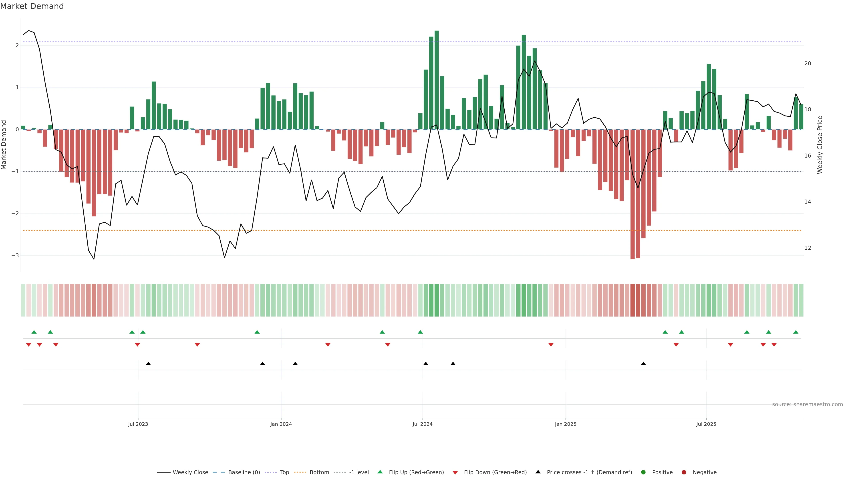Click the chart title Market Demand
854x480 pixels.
click(32, 6)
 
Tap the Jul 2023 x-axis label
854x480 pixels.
click(138, 424)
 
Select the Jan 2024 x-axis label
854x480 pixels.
click(281, 424)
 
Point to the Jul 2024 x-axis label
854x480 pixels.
click(422, 424)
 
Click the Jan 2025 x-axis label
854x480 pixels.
click(565, 424)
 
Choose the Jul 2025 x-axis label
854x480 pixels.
click(706, 424)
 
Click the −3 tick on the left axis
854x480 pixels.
click(15, 255)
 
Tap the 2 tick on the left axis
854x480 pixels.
click(17, 45)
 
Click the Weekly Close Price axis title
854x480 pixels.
click(820, 145)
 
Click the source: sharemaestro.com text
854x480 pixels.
click(807, 404)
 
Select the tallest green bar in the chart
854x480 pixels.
click(437, 80)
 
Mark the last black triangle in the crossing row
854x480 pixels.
click(643, 364)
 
